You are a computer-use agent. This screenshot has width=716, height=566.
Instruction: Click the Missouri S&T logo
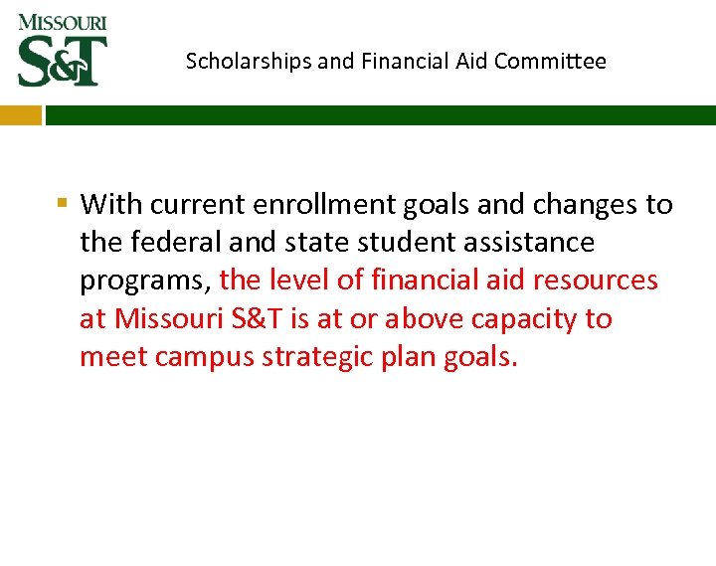62,50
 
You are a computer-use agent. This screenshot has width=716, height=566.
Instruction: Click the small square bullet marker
62,204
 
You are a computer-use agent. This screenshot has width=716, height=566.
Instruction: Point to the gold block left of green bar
20,115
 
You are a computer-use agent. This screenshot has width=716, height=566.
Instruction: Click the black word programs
143,282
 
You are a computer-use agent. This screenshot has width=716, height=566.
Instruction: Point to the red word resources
595,281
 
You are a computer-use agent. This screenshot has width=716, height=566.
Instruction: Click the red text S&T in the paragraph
261,319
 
